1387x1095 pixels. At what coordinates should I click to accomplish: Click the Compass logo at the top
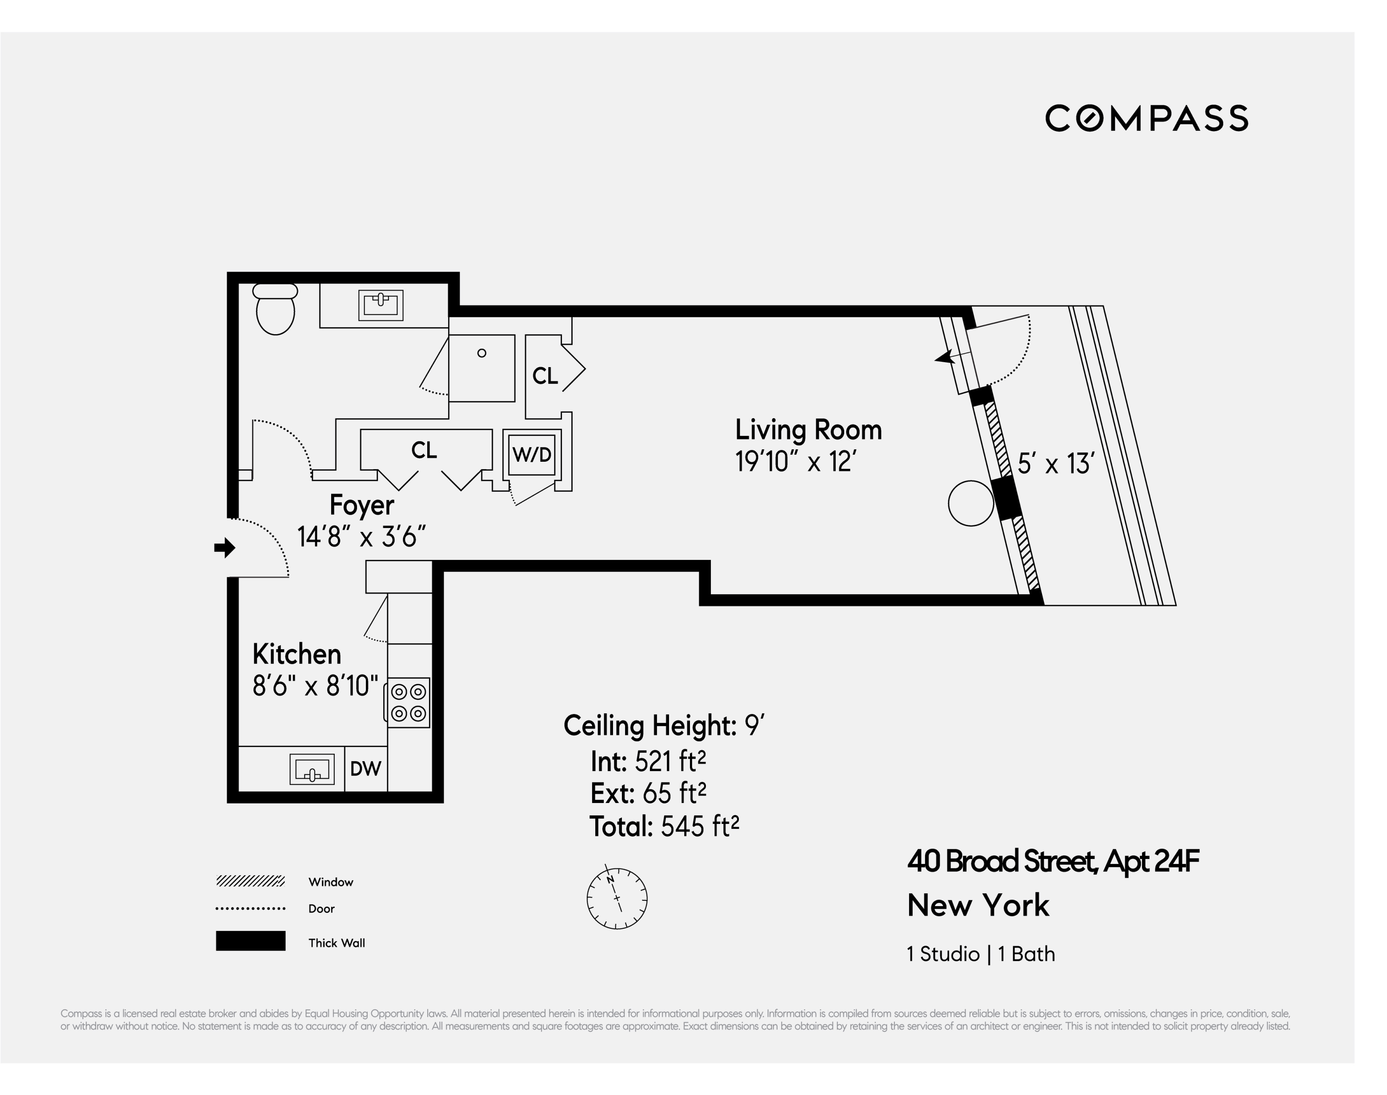pos(1146,119)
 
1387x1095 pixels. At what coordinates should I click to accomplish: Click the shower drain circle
pos(481,353)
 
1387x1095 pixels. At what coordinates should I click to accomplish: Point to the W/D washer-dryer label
pos(532,455)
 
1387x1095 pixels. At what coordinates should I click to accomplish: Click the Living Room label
pos(808,430)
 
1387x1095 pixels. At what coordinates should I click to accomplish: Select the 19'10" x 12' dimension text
pos(795,462)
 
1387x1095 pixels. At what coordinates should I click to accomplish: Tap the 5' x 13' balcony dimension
pos(1055,464)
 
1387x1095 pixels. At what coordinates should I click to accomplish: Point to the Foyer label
pos(362,505)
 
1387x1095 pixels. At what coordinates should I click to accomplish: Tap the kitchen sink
pos(312,769)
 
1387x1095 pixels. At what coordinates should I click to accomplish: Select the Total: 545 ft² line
pos(664,827)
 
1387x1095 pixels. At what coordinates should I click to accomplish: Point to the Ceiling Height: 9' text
pos(664,726)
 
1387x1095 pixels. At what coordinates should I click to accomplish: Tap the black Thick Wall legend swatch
pos(250,940)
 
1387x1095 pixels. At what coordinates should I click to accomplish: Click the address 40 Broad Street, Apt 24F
pos(1052,861)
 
